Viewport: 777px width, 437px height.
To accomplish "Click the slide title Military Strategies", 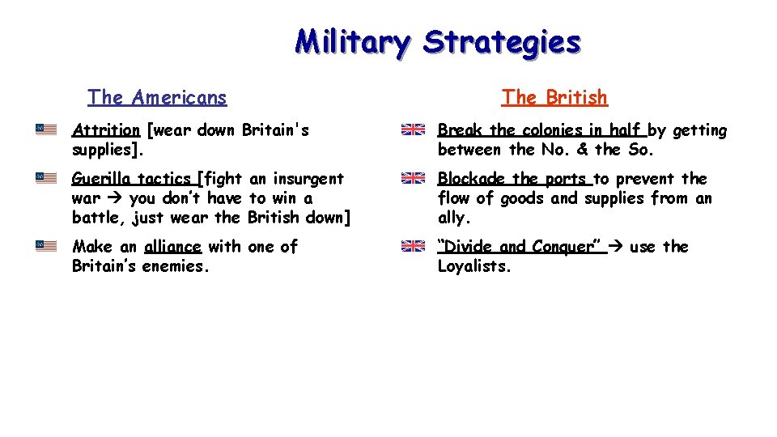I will (x=437, y=41).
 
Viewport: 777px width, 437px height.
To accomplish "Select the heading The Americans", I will (x=157, y=98).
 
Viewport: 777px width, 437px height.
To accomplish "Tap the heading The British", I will (x=554, y=98).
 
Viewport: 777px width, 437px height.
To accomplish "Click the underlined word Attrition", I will (x=106, y=130).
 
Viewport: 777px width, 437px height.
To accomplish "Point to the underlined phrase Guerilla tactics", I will (x=132, y=179).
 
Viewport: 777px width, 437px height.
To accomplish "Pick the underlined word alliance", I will (x=172, y=247).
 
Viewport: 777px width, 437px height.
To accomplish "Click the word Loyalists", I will (x=474, y=266).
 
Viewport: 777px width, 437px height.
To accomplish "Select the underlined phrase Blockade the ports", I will (x=513, y=179).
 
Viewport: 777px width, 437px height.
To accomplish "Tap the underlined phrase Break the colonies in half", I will (x=540, y=130).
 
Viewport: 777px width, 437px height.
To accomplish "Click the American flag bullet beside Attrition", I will (x=46, y=129).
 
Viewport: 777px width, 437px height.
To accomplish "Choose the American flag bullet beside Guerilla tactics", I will (x=46, y=178).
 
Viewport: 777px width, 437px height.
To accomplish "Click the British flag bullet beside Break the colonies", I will (x=414, y=129).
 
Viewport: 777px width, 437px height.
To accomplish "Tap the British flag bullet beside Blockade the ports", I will (x=414, y=178).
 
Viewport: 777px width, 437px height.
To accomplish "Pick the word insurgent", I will (x=309, y=179).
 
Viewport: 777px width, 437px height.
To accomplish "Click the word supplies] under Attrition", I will (x=105, y=150).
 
